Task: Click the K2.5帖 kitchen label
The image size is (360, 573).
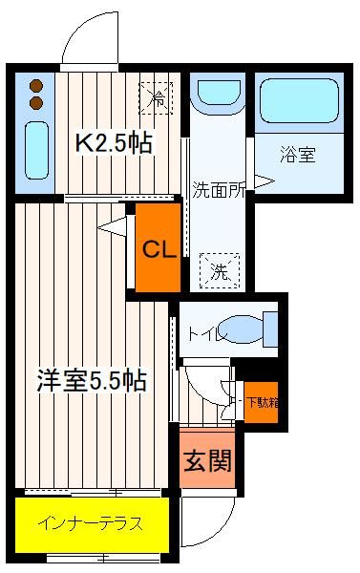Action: pos(114,143)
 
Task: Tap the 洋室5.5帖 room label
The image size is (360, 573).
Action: pos(92,380)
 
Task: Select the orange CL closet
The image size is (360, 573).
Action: pos(159,247)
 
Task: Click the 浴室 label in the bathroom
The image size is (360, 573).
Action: pos(298,154)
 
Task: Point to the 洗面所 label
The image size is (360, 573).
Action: pos(218,189)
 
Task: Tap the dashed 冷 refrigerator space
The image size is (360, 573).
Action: pos(156,98)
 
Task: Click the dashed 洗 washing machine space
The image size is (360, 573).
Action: pos(220,270)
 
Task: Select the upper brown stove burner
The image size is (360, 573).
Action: pos(36,86)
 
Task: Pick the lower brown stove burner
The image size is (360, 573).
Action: pos(36,103)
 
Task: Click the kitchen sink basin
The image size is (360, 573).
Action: pos(36,150)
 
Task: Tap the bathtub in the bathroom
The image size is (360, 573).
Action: pos(299,101)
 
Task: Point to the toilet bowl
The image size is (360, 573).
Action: pos(243,329)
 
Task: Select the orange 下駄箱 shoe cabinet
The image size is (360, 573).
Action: pos(261,402)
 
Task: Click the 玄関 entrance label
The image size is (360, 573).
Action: pos(207,460)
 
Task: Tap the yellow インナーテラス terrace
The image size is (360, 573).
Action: pos(92,524)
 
